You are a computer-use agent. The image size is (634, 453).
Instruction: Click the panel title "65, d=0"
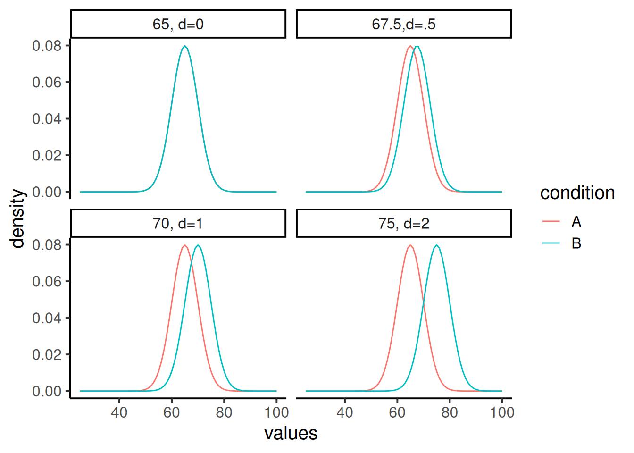(178, 24)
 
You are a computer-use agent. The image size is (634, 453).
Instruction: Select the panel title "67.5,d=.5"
(403, 24)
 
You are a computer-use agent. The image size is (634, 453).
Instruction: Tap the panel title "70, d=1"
(178, 223)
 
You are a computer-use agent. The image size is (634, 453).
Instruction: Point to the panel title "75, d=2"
(403, 223)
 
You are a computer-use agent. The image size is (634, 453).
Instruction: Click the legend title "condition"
(577, 193)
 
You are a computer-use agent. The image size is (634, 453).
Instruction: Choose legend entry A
(576, 221)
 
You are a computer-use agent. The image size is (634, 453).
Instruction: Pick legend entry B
(576, 243)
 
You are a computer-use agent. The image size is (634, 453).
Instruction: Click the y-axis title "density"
(17, 218)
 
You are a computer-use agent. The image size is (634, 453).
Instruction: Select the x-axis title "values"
(291, 433)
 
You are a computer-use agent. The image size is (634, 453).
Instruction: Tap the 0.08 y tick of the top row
(47, 46)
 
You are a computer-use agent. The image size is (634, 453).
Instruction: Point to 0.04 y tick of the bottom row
(47, 318)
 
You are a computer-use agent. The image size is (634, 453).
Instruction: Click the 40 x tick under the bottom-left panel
(119, 412)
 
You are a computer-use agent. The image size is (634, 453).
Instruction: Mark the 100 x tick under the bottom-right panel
(502, 412)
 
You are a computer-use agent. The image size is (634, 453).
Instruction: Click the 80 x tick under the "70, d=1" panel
(224, 412)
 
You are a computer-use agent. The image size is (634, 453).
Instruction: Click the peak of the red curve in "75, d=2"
(410, 245)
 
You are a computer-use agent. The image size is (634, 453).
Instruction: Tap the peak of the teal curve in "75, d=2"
(437, 245)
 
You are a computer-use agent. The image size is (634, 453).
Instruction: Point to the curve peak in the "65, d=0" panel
(185, 46)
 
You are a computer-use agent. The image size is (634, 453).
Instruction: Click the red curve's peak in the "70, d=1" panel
(185, 245)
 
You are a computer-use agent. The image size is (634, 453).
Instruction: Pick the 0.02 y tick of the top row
(47, 155)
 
